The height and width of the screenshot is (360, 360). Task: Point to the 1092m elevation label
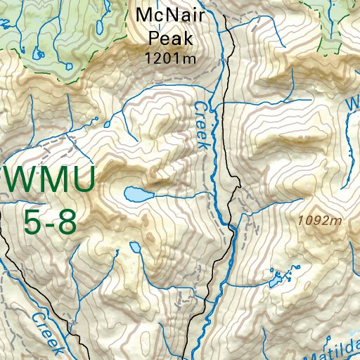click(x=319, y=221)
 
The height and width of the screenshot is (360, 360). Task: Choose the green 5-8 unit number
click(x=49, y=222)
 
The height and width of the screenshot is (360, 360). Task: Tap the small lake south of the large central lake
click(x=134, y=247)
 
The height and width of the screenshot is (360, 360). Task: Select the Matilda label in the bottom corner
click(x=337, y=349)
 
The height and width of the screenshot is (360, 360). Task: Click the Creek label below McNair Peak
click(x=202, y=125)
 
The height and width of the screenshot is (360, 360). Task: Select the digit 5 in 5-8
click(x=32, y=222)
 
